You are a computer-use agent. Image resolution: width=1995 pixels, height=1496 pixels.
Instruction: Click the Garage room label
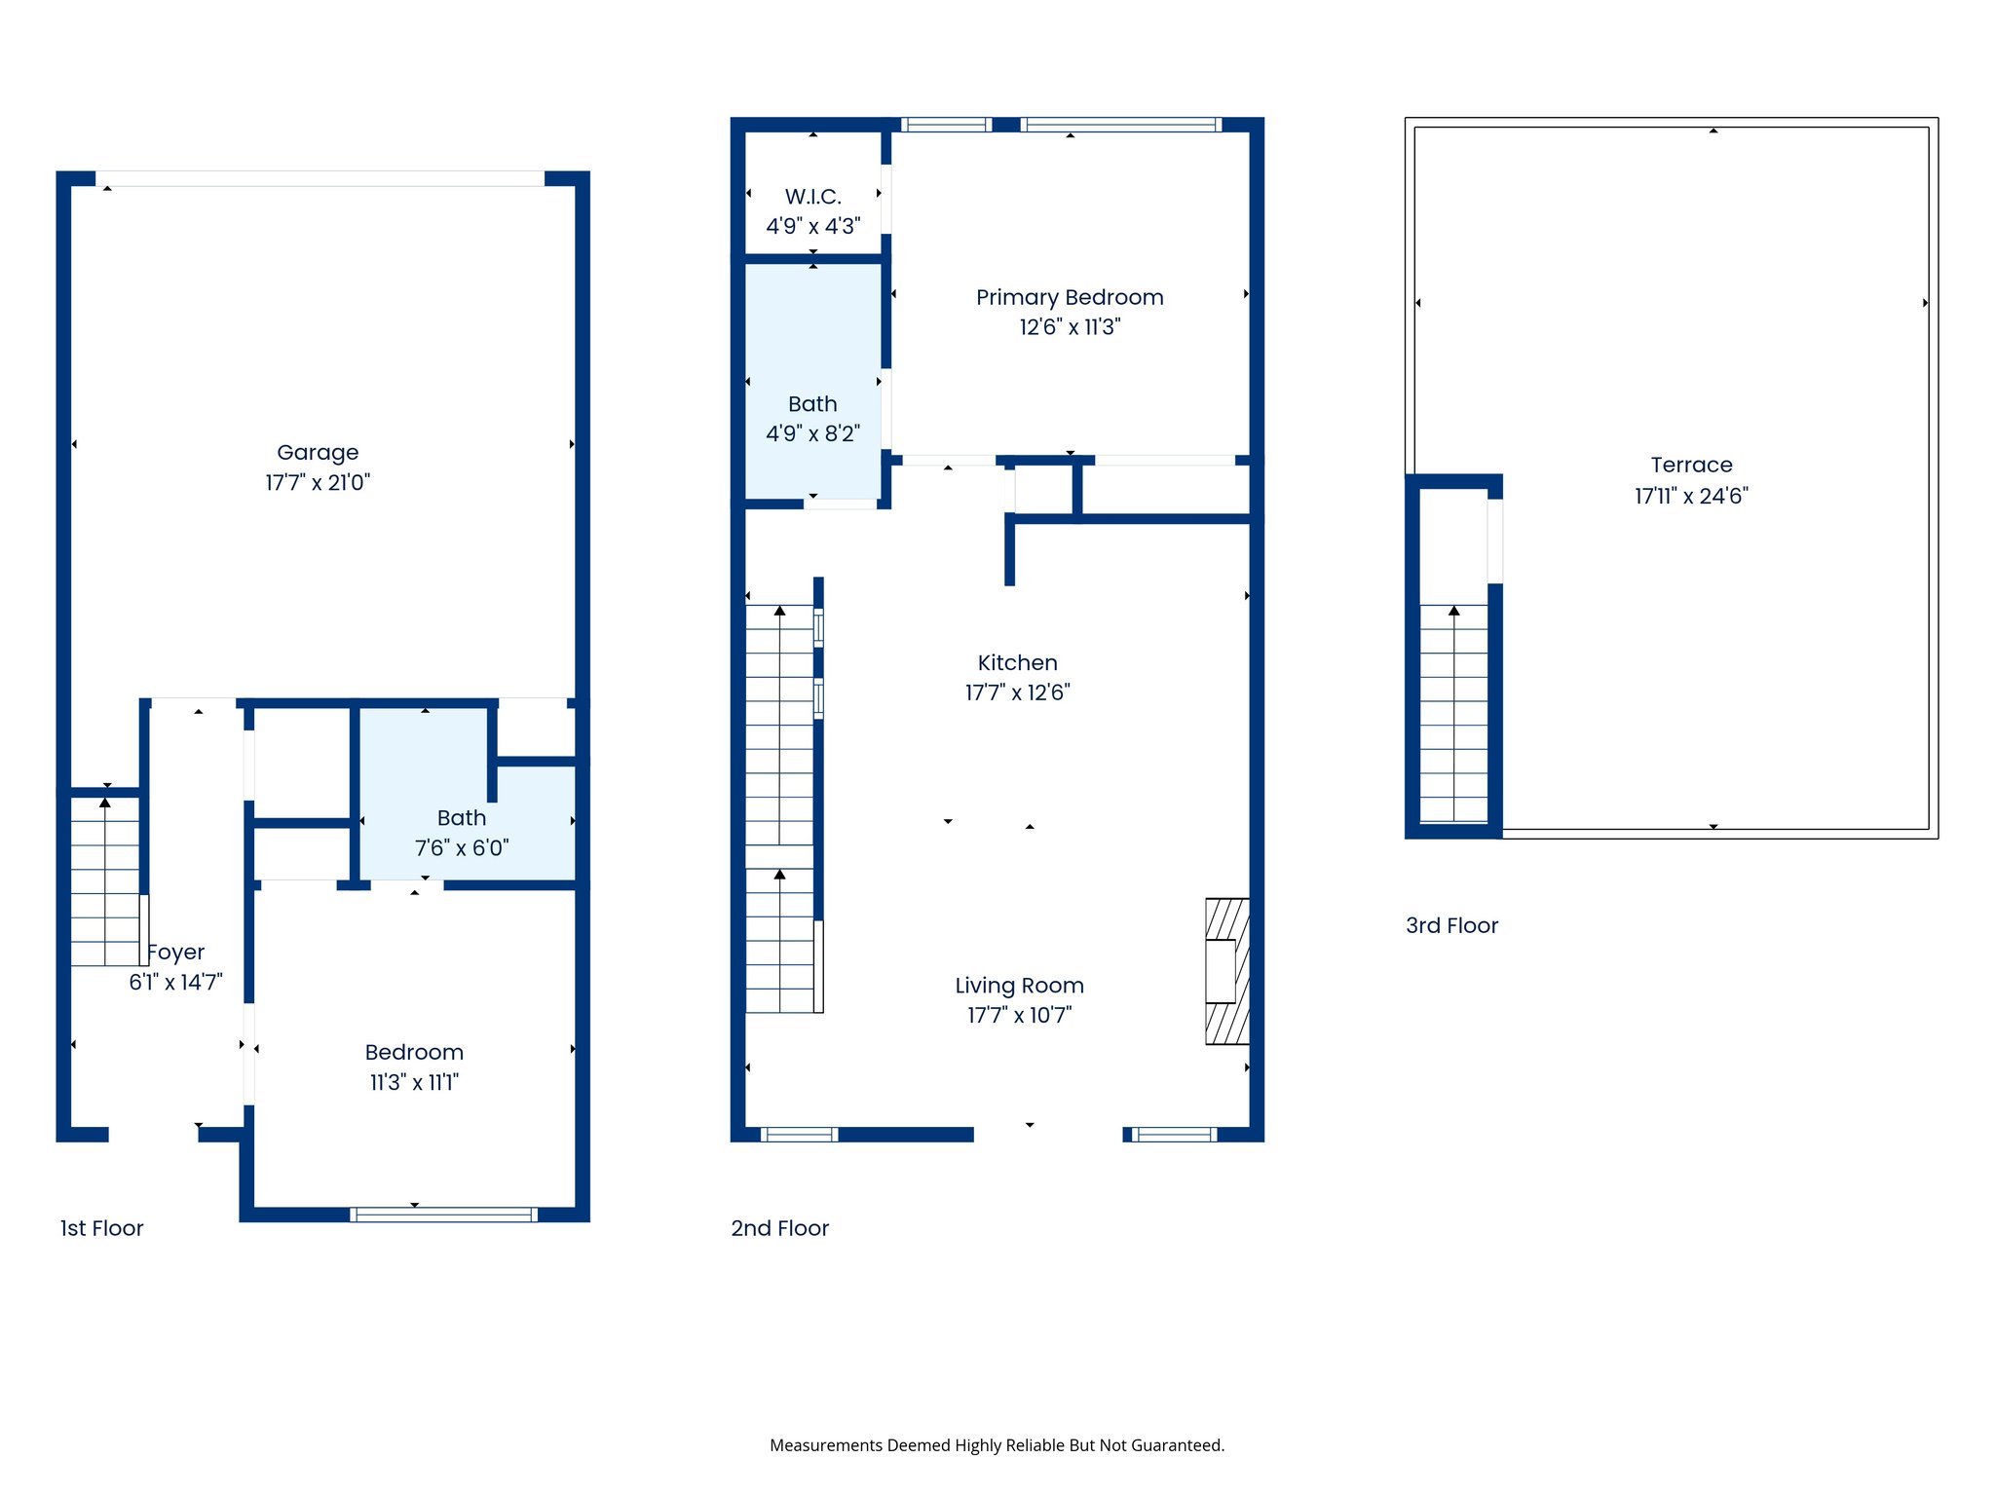pos(318,452)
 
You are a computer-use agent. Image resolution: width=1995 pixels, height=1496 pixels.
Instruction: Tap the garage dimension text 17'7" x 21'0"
pos(318,482)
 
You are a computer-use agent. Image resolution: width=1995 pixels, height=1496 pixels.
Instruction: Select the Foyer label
pos(176,952)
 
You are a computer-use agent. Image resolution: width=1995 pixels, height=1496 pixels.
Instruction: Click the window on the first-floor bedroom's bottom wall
pos(443,1214)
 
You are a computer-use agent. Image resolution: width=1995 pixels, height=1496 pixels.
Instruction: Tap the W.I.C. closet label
pos(812,197)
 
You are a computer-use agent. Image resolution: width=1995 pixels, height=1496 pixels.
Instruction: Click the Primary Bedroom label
pos(1070,297)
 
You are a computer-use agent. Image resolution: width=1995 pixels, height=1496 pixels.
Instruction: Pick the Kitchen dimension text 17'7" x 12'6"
pos(1017,692)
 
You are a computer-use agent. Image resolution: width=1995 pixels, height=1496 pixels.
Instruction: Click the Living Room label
pos(1019,986)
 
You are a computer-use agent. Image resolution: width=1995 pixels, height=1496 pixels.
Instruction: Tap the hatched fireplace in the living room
pos(1227,971)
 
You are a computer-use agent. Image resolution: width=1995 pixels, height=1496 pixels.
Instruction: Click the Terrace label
pos(1691,465)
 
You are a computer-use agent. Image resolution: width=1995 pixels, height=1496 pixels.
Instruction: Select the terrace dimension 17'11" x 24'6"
pos(1691,496)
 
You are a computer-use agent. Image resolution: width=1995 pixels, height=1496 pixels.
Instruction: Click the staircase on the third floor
pos(1453,713)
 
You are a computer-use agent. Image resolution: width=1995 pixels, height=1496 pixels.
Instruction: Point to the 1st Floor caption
pos(101,1228)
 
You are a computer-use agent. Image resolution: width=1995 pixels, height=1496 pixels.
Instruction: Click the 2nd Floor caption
pos(779,1228)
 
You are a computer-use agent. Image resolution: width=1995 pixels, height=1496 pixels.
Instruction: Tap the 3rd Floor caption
pos(1451,925)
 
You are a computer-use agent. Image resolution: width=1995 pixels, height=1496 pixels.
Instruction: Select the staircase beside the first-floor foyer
pos(104,881)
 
